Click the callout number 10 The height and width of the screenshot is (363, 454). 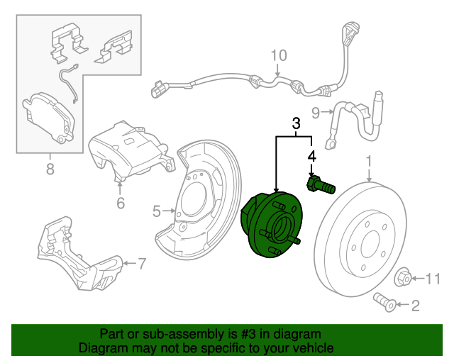tap(278, 55)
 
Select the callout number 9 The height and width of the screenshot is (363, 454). tap(316, 111)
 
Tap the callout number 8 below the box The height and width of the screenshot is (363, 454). tap(50, 169)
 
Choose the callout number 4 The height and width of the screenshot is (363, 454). tap(311, 155)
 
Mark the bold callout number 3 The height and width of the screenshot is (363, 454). tap(296, 124)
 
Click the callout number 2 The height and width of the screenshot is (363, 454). tap(415, 306)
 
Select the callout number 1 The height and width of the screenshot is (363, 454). tap(369, 164)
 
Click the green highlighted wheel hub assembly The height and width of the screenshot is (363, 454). tap(272, 224)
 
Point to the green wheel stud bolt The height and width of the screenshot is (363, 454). tap(320, 186)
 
